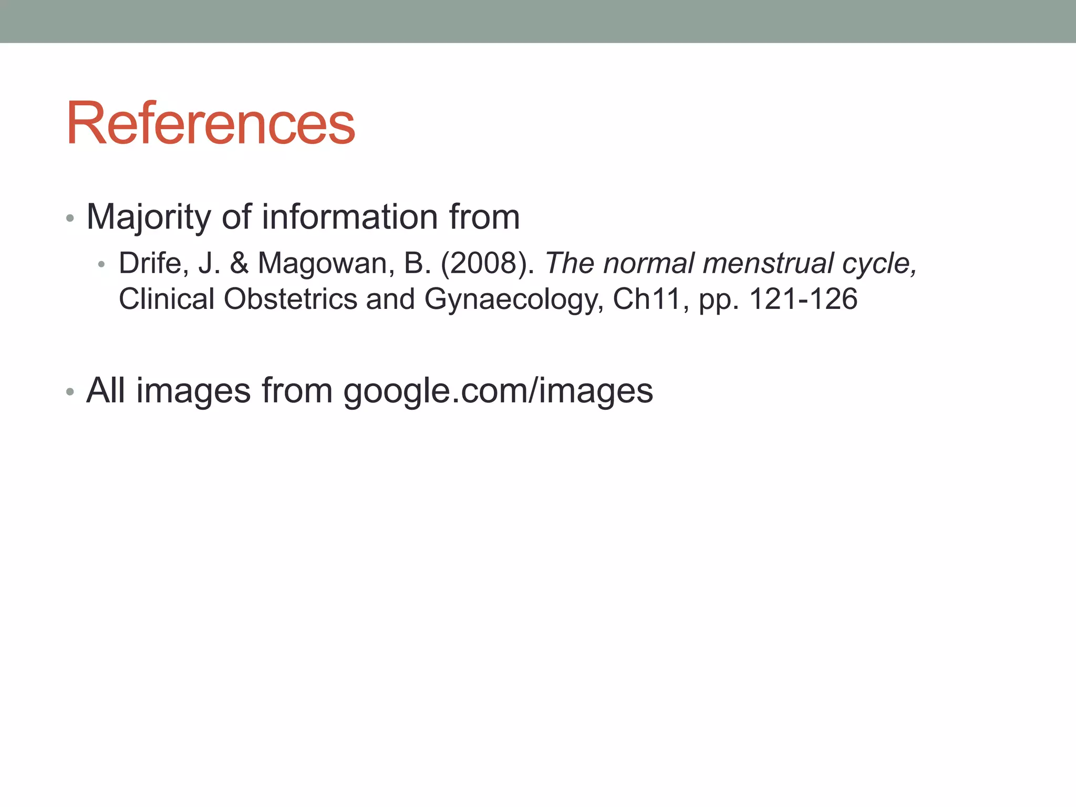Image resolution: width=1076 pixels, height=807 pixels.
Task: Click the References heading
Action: tap(210, 124)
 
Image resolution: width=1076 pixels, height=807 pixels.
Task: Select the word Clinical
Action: tap(167, 299)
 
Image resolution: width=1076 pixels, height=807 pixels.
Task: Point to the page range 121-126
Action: tap(803, 299)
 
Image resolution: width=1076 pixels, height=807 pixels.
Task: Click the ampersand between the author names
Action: tap(239, 263)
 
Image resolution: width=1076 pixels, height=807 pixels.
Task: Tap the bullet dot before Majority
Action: tap(70, 218)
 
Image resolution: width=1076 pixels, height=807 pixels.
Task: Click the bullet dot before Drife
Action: tap(102, 264)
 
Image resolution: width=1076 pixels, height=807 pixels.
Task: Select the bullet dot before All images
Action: tap(70, 392)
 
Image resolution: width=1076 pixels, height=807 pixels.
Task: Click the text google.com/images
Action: tap(498, 391)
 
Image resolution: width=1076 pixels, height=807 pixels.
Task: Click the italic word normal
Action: tap(648, 263)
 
